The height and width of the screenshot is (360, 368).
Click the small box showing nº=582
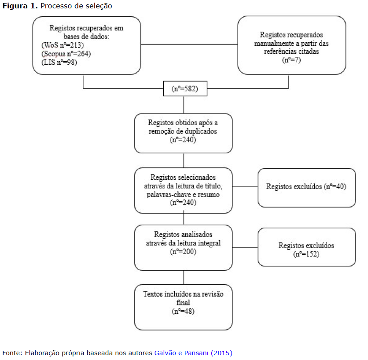point(185,89)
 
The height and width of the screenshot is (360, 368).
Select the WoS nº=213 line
point(63,45)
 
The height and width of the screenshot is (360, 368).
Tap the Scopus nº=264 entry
point(66,54)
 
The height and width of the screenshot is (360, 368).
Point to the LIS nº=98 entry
point(59,63)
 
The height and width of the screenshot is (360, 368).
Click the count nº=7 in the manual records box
point(291,60)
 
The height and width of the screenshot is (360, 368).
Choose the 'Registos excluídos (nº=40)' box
point(307,188)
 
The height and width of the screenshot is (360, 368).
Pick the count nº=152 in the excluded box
point(306,254)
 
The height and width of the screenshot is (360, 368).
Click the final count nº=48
point(183,311)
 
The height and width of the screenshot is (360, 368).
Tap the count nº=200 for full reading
point(183,252)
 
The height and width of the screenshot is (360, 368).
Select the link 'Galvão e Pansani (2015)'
point(193,353)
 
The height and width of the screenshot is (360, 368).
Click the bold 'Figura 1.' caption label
point(20,6)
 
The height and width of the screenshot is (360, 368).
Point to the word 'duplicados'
point(200,131)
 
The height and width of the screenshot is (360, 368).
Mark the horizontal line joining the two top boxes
point(189,44)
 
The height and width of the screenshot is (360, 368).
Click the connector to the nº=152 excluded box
point(245,248)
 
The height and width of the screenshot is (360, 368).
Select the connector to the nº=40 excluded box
point(245,186)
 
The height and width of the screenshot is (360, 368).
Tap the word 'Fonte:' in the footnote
point(12,353)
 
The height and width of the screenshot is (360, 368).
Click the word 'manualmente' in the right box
point(274,44)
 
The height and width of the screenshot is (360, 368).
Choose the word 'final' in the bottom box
point(183,302)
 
